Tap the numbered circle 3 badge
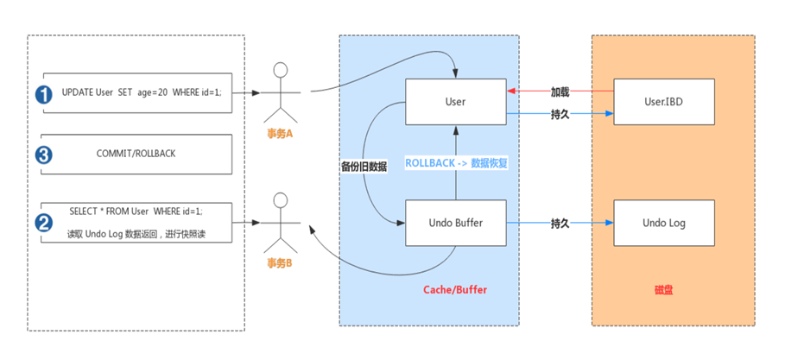point(43,156)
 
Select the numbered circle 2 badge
point(43,222)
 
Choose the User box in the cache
point(456,102)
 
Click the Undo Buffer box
point(456,223)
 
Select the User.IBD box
point(663,102)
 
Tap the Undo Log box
point(663,223)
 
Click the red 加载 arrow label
point(560,90)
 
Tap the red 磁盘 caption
point(663,290)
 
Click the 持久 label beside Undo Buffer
point(560,223)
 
